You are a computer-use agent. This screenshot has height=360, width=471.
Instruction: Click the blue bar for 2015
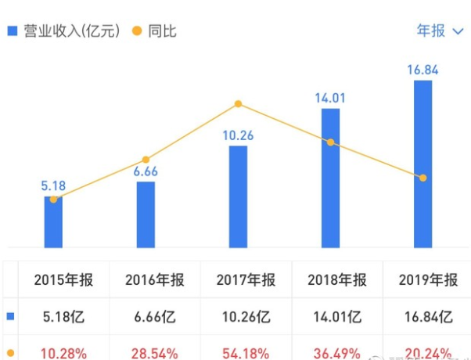53,223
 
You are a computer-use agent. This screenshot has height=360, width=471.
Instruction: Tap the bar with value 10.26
238,196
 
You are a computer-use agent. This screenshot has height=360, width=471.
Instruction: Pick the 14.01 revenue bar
330,178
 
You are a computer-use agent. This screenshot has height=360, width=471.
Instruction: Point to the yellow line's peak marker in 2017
238,104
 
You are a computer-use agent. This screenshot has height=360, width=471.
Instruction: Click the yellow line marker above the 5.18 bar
53,200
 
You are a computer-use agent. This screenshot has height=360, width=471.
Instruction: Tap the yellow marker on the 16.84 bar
422,178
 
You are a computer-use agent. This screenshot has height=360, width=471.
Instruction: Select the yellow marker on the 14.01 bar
330,142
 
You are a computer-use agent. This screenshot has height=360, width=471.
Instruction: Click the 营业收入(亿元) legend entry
63,31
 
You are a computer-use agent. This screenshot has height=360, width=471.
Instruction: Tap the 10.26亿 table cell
243,317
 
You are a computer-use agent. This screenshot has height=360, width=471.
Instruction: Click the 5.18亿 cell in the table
59,317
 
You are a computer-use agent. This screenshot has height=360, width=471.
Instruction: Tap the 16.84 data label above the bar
422,70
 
